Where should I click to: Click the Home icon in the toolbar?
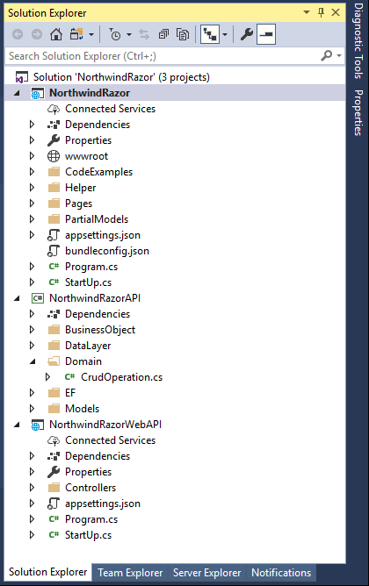coord(56,35)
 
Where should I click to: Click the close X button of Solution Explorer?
coord(336,12)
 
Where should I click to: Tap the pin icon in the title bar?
coord(321,12)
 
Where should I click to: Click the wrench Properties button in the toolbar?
coord(247,35)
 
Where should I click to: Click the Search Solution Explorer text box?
coord(161,56)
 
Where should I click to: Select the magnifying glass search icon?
coord(327,56)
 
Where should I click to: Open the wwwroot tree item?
coord(86,156)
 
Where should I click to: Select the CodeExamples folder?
coord(98,172)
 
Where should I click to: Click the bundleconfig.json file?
coord(107,251)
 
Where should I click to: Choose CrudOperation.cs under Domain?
coord(121,377)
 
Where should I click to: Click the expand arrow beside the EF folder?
coord(33,393)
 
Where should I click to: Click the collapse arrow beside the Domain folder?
coord(33,361)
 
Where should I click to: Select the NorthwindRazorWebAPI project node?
coord(105,425)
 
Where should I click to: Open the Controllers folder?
coord(90,488)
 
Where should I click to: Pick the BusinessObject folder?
coord(100,330)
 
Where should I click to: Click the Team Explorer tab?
coord(130,573)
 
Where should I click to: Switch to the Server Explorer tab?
coord(207,573)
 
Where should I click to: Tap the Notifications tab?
coord(281,573)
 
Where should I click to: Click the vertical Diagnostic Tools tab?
coord(358,40)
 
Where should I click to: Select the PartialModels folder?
coord(97,219)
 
